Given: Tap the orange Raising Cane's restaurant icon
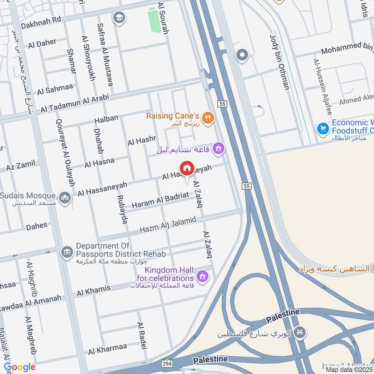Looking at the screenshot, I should coord(209,118).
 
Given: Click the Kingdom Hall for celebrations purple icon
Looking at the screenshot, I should coord(202,277).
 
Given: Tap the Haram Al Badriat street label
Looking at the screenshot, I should coord(160,200).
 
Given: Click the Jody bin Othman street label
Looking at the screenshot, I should coord(280,62).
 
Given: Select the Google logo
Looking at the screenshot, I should coord(20,367).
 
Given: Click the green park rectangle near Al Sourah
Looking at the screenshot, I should coord(153,20).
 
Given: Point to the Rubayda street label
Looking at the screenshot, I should coord(122,209).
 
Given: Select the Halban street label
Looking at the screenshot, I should coord(106,119).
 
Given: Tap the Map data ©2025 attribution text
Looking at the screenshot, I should coord(349,369).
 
